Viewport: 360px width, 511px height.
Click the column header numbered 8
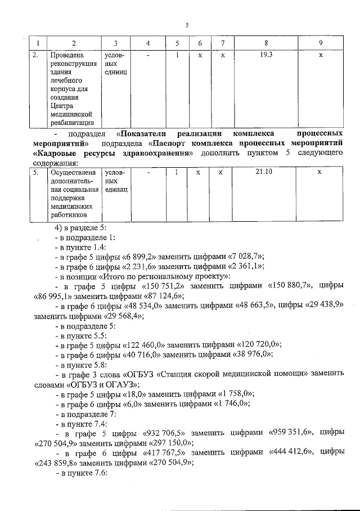click(265, 43)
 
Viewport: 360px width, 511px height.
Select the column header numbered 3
click(115, 43)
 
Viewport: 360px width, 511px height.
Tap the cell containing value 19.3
click(265, 56)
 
